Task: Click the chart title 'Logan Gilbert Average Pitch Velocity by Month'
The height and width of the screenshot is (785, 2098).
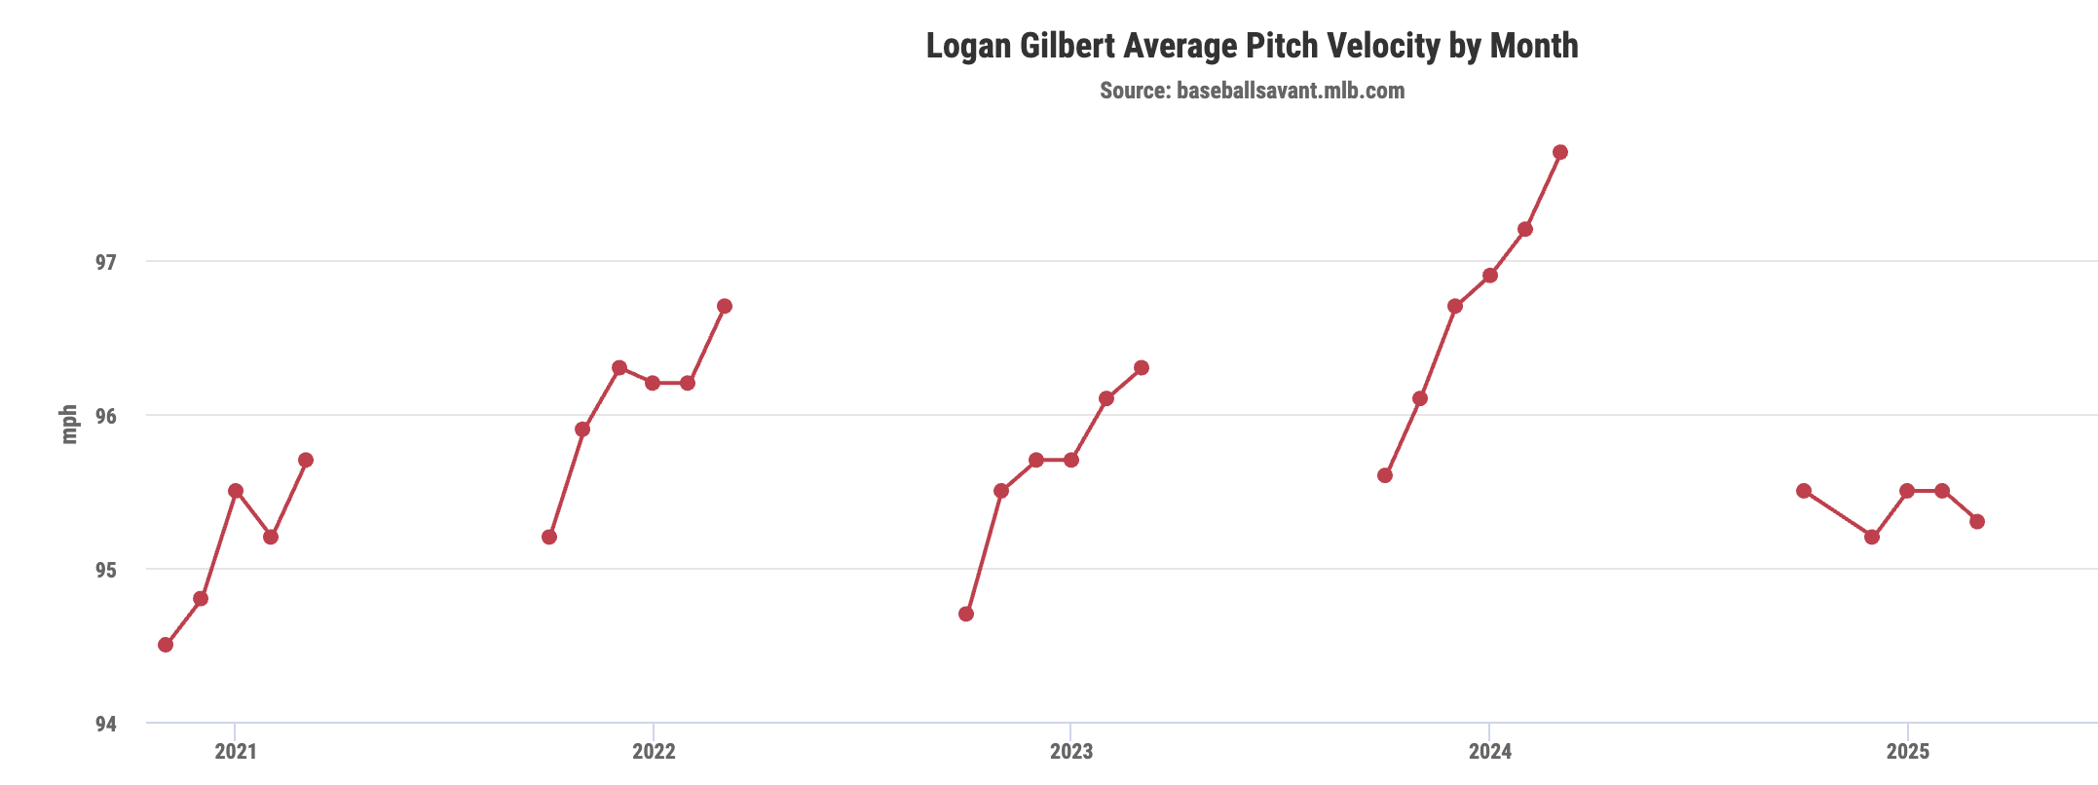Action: (1252, 46)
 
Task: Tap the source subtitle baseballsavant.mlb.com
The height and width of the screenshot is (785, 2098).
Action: (1252, 91)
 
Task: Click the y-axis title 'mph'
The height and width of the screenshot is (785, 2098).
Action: (68, 425)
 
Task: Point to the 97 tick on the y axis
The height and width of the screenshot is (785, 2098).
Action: (105, 262)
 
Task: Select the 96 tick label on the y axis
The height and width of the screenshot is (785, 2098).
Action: (105, 416)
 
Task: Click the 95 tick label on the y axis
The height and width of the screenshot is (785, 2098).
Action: (105, 570)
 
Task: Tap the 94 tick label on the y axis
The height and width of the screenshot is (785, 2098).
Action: (105, 724)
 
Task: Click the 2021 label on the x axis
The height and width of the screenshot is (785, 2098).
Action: (236, 751)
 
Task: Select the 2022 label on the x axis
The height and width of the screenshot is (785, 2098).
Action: (654, 751)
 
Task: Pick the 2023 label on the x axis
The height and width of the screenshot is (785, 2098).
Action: (1071, 751)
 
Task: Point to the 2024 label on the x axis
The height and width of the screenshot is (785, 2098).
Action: (1490, 751)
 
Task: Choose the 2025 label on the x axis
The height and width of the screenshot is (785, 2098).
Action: (1908, 751)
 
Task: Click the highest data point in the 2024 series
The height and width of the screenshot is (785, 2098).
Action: (1560, 152)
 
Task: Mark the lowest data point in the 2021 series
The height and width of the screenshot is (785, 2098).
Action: (166, 645)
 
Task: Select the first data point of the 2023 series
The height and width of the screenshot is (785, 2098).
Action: (966, 614)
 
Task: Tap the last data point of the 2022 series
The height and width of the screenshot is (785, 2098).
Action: (725, 306)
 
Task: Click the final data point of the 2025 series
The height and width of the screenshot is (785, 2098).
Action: (1977, 521)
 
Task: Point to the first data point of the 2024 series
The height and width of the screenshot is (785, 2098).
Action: (1385, 475)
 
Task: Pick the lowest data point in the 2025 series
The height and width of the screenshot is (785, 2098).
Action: (1872, 537)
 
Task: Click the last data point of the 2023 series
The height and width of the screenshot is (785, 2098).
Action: (1142, 367)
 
